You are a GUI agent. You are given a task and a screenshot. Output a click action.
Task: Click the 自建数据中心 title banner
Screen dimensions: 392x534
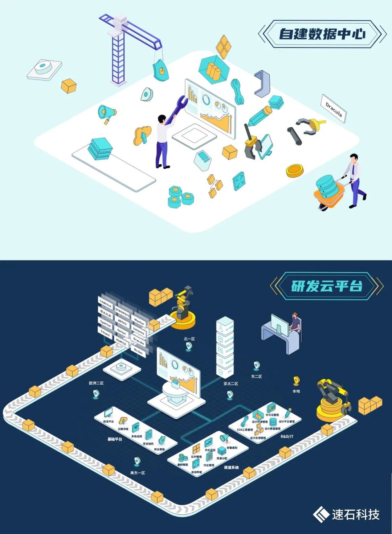322,34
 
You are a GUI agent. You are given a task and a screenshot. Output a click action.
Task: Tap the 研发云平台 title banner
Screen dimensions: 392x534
326,286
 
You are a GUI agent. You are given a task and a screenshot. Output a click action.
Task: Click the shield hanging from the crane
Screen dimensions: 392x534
160,70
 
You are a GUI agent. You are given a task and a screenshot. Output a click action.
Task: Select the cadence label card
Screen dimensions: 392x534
106,303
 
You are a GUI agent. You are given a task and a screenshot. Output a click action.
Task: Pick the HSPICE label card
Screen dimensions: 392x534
121,341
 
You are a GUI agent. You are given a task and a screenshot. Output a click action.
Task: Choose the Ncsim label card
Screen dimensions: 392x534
138,351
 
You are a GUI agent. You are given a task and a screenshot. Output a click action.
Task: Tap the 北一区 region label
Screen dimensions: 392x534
189,339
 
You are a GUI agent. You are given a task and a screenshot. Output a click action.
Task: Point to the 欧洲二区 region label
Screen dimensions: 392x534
96,383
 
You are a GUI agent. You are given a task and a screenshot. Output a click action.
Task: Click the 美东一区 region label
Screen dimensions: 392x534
138,473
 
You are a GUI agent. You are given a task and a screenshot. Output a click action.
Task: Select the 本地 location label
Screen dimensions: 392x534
296,391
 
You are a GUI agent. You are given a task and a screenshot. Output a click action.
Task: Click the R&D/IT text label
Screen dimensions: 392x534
287,436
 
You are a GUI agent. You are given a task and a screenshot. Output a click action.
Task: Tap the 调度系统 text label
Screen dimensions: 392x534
231,467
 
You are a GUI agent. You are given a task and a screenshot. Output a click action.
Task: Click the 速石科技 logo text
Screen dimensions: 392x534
355,514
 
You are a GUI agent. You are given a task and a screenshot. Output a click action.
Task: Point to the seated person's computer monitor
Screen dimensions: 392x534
279,324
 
